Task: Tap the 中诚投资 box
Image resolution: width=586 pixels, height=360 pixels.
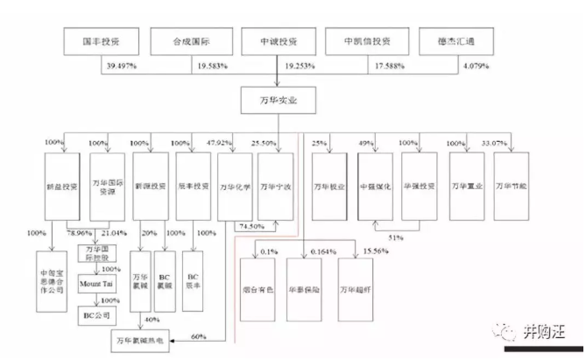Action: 278,41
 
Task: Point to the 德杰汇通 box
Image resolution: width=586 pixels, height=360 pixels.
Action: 452,41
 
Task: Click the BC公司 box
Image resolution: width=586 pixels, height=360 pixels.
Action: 98,313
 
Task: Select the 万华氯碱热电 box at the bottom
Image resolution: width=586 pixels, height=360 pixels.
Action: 143,338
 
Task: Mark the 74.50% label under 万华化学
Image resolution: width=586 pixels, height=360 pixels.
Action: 250,226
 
